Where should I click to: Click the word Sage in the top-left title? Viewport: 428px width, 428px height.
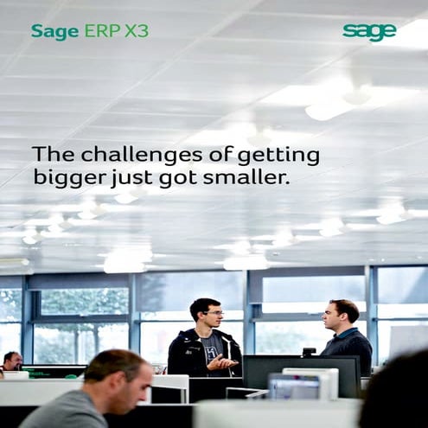54,32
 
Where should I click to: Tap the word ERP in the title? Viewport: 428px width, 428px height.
102,32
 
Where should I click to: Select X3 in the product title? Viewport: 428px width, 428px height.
136,32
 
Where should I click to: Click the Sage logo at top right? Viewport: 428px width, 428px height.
369,32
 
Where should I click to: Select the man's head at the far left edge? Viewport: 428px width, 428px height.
10,361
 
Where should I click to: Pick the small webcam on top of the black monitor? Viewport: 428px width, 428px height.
309,352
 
